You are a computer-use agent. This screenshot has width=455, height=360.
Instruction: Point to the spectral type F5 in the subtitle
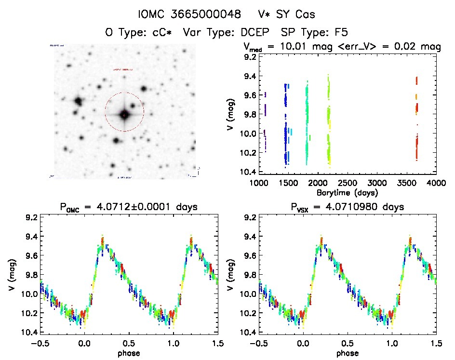tap(339, 32)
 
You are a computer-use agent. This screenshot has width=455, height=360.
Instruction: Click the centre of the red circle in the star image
tap(124, 115)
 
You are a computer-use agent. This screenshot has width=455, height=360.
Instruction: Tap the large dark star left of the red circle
tap(78, 101)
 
